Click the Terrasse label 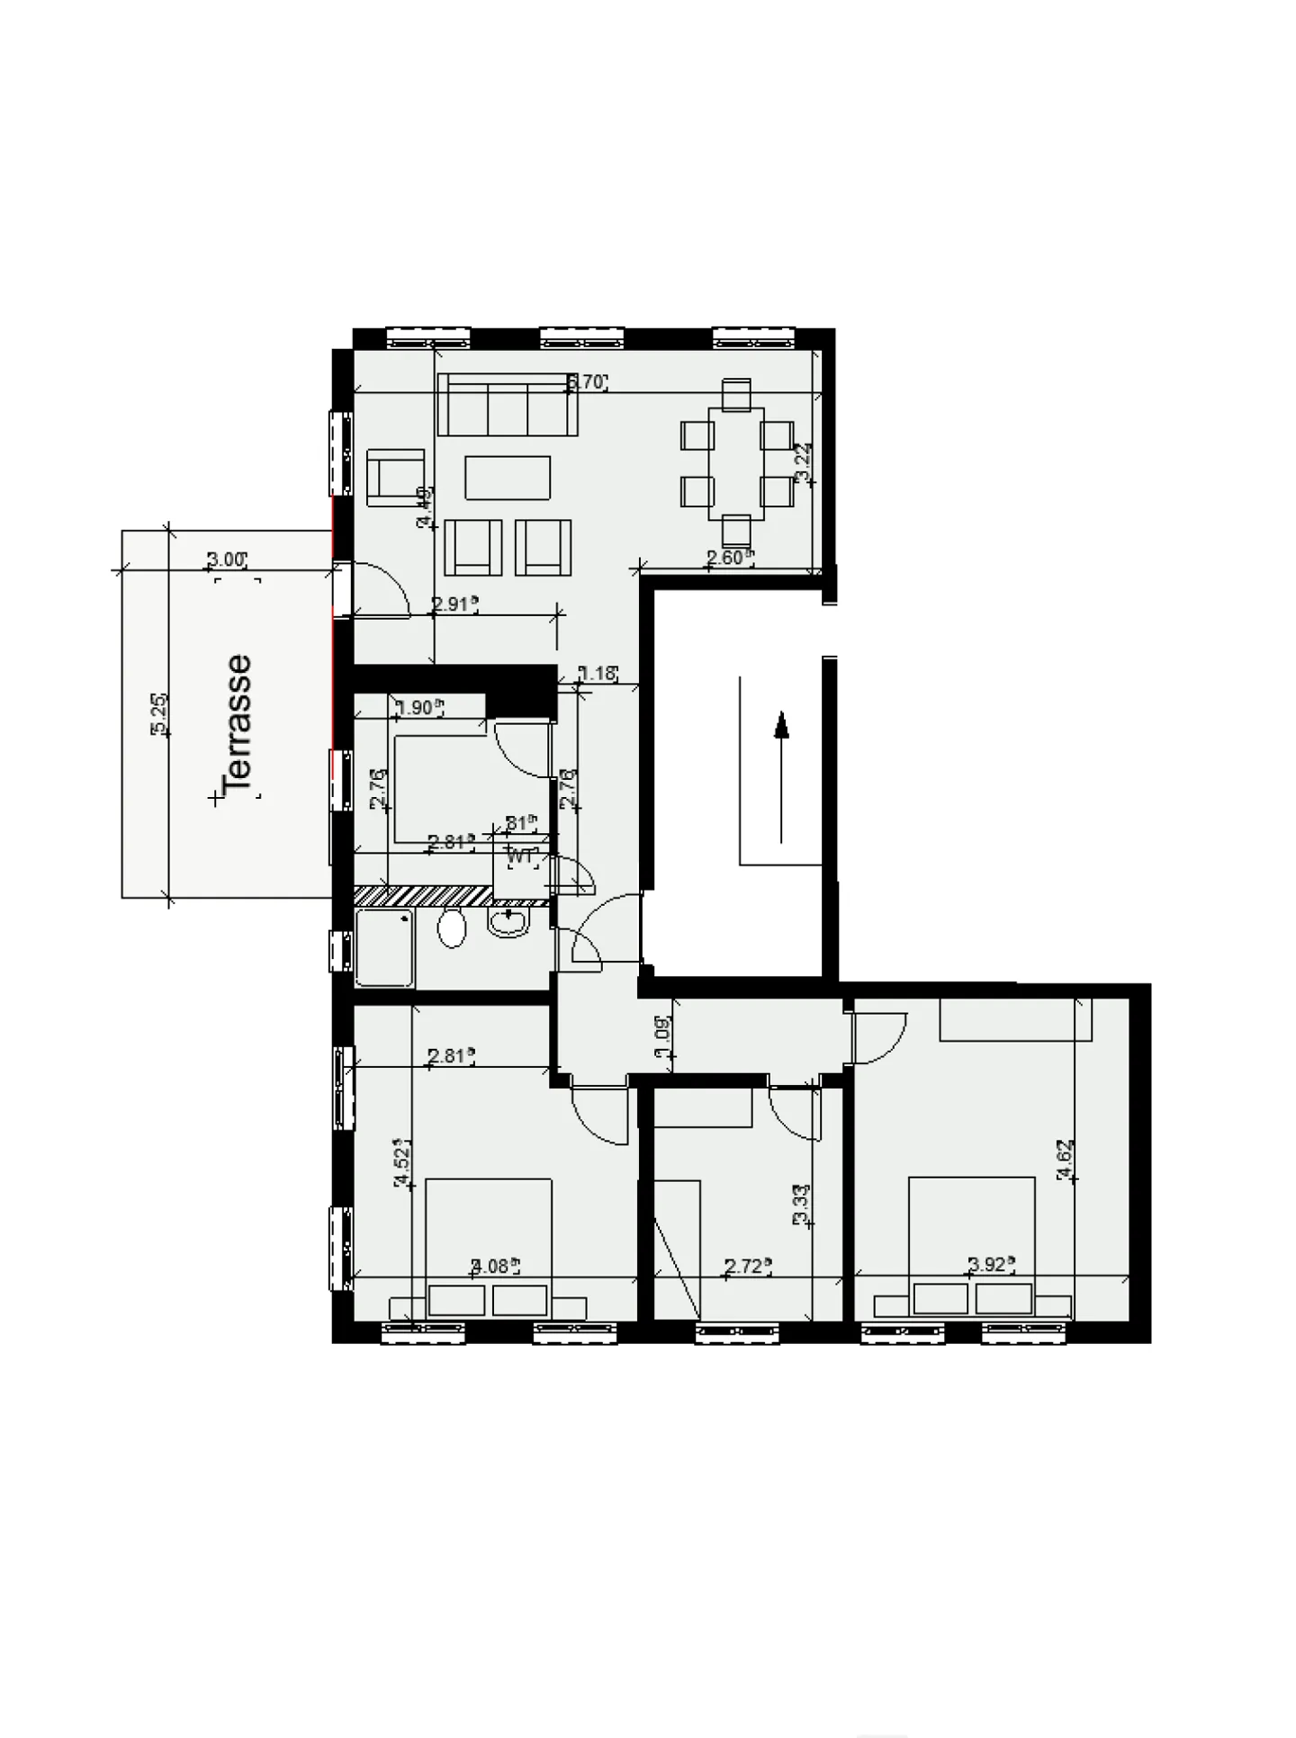[238, 725]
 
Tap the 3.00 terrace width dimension [225, 560]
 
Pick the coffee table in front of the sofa [508, 477]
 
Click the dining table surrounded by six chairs [736, 464]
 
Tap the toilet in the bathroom [452, 927]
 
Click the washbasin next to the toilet [509, 922]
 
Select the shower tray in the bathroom [384, 947]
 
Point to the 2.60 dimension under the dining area [725, 558]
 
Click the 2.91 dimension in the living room [453, 605]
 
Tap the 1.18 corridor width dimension [597, 673]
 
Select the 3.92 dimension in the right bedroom [987, 1265]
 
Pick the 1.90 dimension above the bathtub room [417, 708]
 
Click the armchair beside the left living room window [395, 473]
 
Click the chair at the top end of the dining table [736, 393]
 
